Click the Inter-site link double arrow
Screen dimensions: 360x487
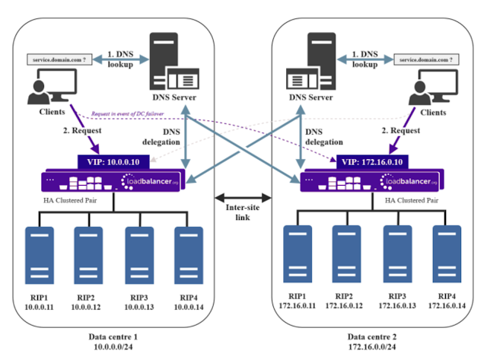pos(241,187)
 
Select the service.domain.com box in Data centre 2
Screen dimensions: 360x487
pos(426,59)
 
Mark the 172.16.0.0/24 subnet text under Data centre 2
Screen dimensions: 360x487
pos(370,347)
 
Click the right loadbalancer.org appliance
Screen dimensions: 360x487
pos(370,181)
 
